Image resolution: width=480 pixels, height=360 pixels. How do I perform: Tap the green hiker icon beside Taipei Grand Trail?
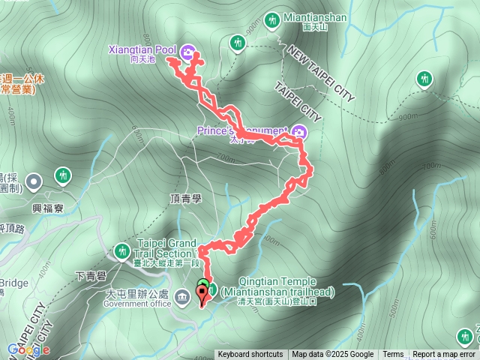121,250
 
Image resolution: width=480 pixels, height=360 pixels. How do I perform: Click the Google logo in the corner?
28,349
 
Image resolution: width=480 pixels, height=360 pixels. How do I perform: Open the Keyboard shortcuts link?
250,355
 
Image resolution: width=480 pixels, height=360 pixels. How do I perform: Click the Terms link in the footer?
393,355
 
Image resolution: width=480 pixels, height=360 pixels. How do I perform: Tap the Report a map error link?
444,355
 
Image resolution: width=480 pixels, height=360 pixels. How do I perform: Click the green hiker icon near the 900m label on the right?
424,77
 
